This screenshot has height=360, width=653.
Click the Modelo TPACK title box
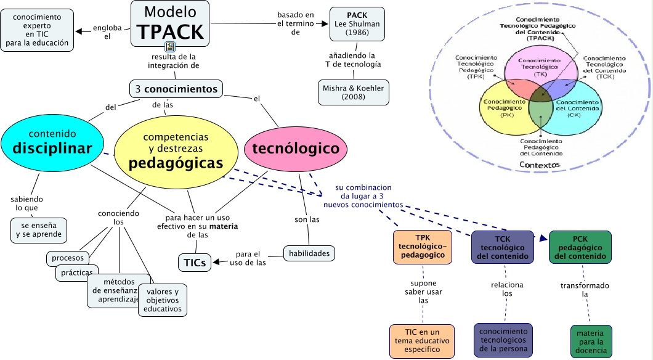pyautogui.click(x=169, y=22)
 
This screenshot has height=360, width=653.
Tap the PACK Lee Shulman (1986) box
pyautogui.click(x=357, y=23)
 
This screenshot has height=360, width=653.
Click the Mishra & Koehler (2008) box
pyautogui.click(x=353, y=93)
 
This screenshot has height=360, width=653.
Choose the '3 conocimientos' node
pyautogui.click(x=176, y=89)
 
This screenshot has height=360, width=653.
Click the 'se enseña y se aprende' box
pyautogui.click(x=39, y=230)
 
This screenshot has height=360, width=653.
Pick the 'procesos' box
pyautogui.click(x=68, y=258)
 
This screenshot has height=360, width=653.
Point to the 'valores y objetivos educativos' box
pyautogui.click(x=163, y=300)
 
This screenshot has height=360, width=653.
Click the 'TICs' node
pyautogui.click(x=194, y=263)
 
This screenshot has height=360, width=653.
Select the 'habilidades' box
pyautogui.click(x=309, y=252)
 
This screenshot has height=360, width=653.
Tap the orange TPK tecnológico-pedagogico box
pyautogui.click(x=422, y=247)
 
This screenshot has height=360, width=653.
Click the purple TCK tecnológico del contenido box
pyautogui.click(x=502, y=247)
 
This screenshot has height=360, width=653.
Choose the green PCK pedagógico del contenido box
pyautogui.click(x=580, y=247)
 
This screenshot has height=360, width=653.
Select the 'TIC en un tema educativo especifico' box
pyautogui.click(x=422, y=341)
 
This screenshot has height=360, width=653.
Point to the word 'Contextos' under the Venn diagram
pyautogui.click(x=539, y=165)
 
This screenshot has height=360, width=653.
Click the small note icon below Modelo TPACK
pyautogui.click(x=170, y=47)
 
